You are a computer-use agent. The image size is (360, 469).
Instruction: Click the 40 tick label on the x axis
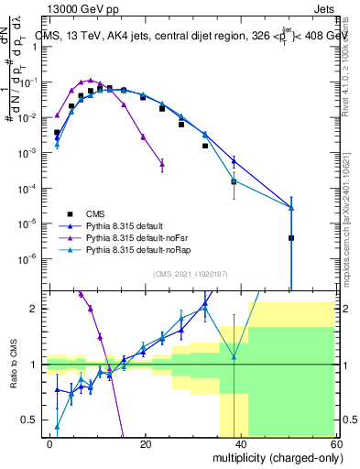240,443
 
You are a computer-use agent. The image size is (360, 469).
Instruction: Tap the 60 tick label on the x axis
334,443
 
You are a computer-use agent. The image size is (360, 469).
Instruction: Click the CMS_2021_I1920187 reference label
190,274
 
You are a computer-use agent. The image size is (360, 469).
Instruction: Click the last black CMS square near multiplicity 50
290,238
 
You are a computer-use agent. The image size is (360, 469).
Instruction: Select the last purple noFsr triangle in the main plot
162,165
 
